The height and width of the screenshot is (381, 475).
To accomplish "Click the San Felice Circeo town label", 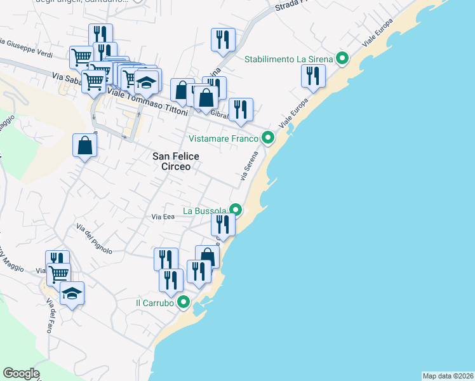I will pos(176,161).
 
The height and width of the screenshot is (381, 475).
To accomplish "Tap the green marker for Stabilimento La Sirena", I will pos(342,60).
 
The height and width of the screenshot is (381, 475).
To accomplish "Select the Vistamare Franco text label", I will pos(224,138).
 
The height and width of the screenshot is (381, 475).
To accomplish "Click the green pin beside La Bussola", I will pos(236,210).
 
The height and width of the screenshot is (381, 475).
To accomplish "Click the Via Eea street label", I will pos(163,217).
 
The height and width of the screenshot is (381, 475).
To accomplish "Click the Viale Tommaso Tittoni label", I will pos(148,102).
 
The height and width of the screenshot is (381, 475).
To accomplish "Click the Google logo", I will pos(20,373).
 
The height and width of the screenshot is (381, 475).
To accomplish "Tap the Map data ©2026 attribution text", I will pos(448,376).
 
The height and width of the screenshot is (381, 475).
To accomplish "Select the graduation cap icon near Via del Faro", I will pos(72,293).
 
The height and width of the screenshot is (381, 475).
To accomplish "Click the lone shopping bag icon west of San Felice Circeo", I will pos(85,145).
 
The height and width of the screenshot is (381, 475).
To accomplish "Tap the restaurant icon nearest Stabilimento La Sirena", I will pos(313,76).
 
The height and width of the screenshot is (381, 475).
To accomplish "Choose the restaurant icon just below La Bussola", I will pos(223,224).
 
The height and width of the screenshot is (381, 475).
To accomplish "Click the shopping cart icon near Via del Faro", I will pos(58,274).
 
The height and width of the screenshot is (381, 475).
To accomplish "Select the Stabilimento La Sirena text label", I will pos(289,60).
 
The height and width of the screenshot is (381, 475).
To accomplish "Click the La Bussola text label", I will pos(204,210).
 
